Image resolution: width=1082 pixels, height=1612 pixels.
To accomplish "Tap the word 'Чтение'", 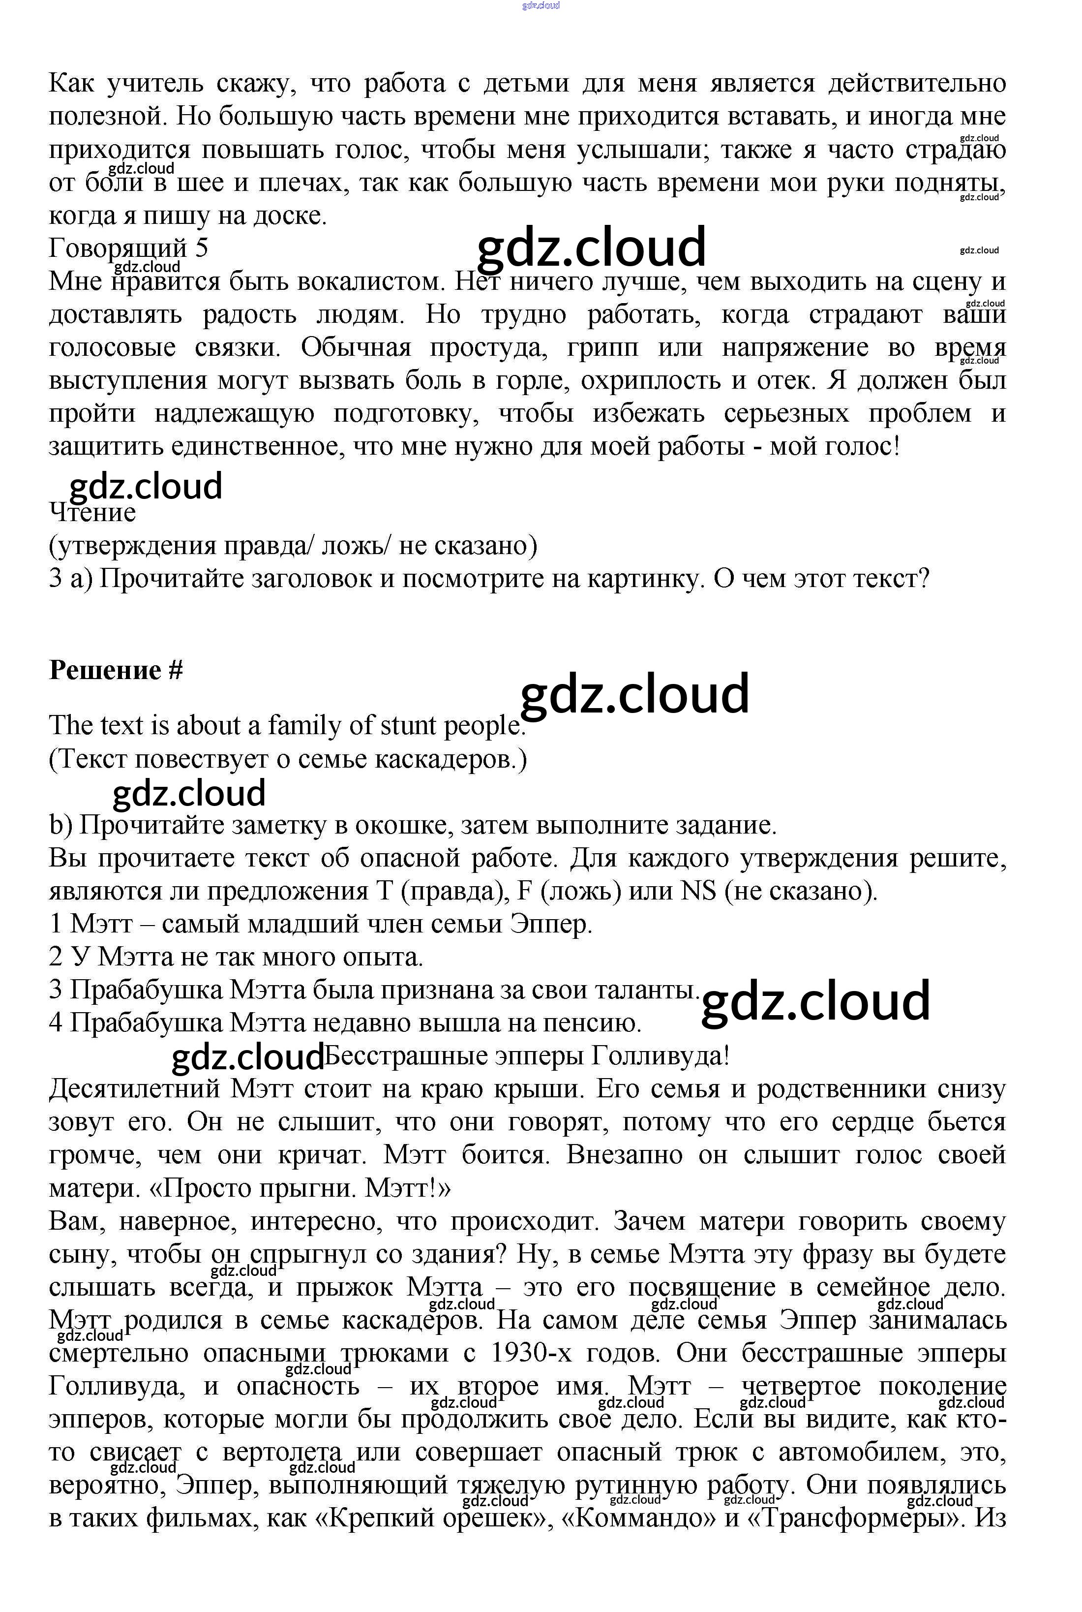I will click(x=92, y=512).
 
